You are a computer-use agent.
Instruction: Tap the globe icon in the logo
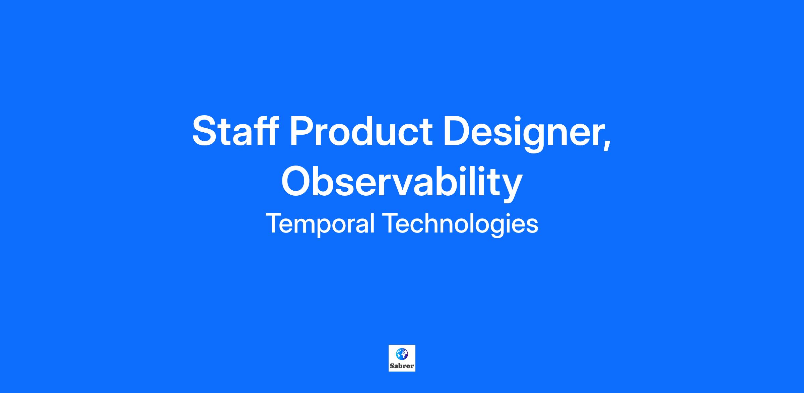402,354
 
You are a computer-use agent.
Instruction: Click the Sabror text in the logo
402,366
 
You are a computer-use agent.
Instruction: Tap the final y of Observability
511,188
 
